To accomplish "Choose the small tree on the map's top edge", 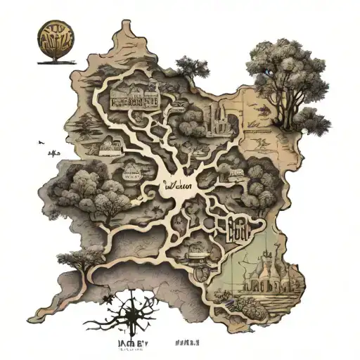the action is point(189,67).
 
